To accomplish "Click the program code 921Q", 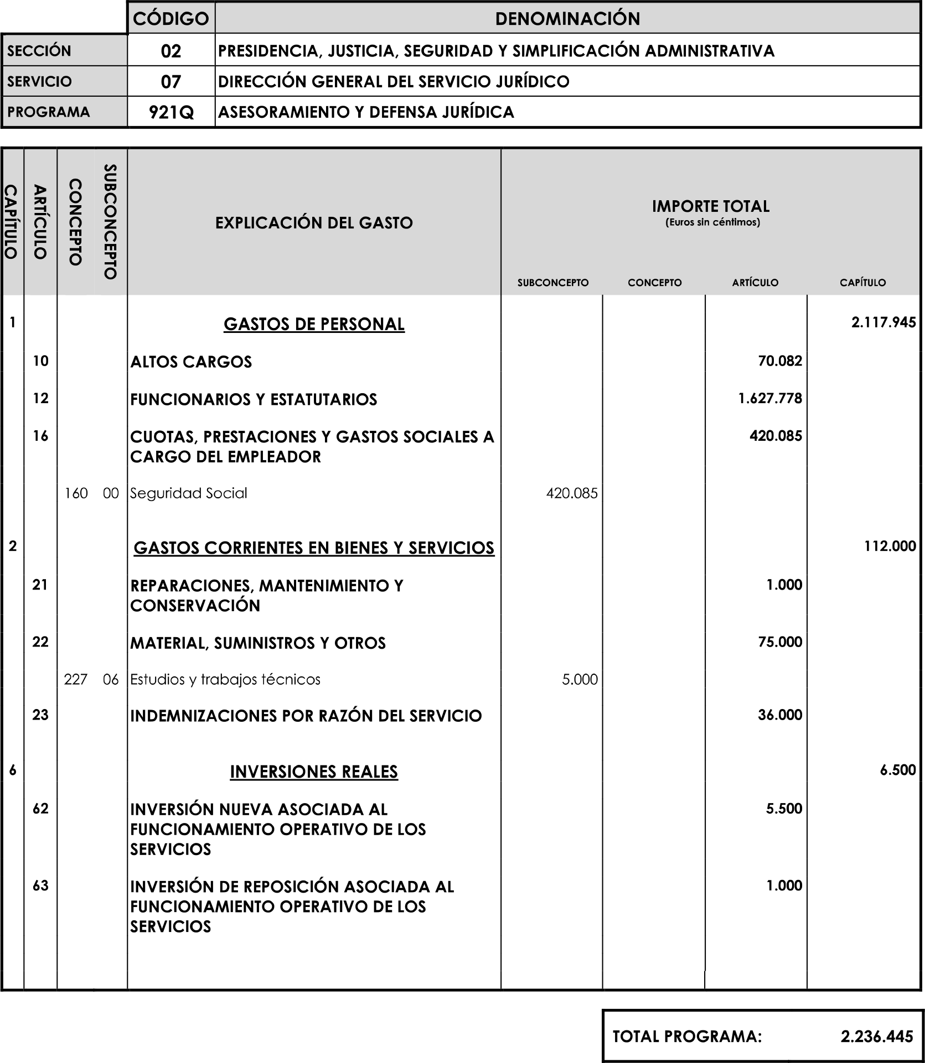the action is click(171, 112).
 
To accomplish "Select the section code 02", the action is click(171, 51).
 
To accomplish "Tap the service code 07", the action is click(171, 82).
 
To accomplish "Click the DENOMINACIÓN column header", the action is click(567, 19).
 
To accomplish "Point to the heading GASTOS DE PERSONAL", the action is click(314, 324).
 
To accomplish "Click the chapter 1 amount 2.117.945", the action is click(883, 322).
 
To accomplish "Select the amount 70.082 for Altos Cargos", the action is click(780, 361).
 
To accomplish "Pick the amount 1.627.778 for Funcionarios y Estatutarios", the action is click(770, 399).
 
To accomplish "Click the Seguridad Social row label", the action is click(189, 493).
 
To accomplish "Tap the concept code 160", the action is click(76, 493).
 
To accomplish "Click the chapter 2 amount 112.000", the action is click(890, 546).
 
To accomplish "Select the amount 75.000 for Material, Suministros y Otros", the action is click(780, 642).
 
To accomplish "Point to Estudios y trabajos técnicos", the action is click(225, 680).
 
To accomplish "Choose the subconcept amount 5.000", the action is click(580, 680).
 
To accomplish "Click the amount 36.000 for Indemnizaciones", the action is click(780, 715).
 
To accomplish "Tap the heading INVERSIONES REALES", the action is click(314, 772).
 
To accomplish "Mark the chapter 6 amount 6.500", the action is click(898, 770).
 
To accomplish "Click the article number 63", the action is click(40, 886).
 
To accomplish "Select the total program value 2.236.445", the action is click(876, 1036).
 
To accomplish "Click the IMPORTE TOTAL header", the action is click(711, 207).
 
